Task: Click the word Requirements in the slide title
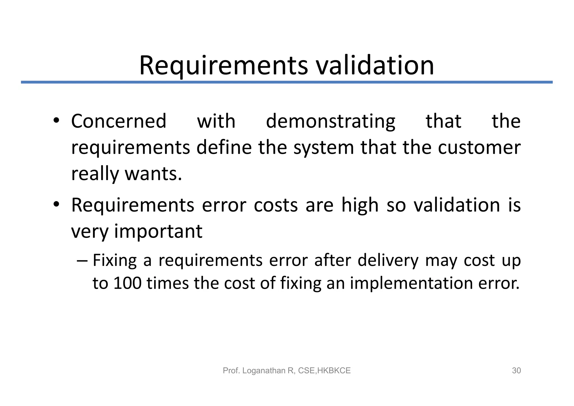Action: click(x=223, y=66)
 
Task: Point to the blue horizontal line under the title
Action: click(x=287, y=82)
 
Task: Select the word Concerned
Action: click(x=119, y=121)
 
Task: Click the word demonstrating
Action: click(x=330, y=122)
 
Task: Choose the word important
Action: click(x=158, y=232)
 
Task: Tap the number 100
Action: click(x=127, y=283)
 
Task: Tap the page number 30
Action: click(x=516, y=371)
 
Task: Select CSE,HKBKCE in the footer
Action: click(x=324, y=371)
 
